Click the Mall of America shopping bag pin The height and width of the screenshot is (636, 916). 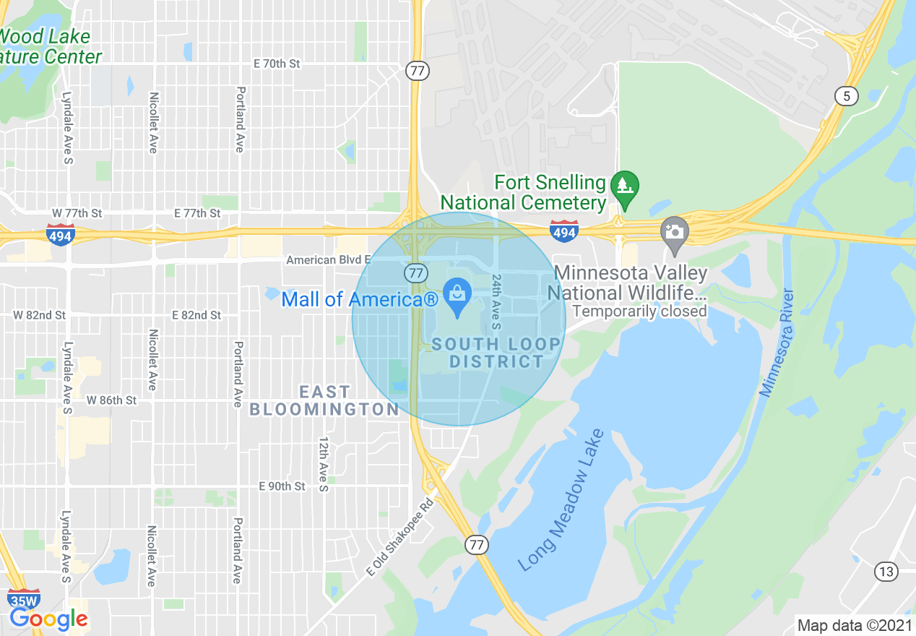(457, 296)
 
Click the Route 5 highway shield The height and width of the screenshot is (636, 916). (846, 95)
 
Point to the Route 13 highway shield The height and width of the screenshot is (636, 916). (886, 572)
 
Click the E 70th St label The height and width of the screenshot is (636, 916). (277, 64)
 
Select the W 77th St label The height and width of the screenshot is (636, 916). (77, 213)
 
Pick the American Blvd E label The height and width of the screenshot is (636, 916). (329, 259)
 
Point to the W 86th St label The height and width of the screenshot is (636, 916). (111, 400)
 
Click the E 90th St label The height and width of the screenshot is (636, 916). (282, 486)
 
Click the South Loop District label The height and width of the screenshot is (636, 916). (496, 353)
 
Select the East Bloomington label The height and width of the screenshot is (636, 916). (324, 400)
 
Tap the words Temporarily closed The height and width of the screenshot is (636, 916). (639, 311)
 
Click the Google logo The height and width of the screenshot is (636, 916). (48, 619)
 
